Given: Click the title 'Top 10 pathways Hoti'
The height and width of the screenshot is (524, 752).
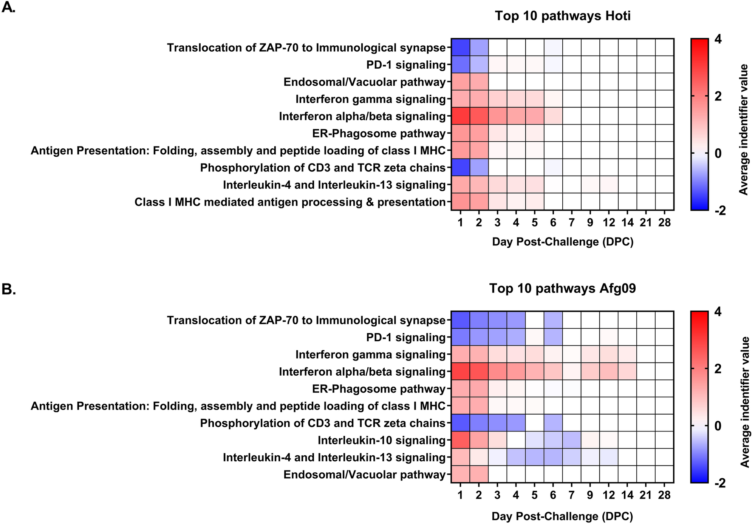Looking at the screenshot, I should coord(562,16).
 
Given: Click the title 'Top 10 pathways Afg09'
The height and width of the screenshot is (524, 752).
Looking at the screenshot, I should coord(562,288).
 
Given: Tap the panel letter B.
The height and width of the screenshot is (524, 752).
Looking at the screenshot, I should coord(8,290).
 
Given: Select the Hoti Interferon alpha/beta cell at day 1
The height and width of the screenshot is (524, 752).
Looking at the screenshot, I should coord(460,116).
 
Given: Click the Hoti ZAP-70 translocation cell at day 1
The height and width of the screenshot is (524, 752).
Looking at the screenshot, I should coord(460,47).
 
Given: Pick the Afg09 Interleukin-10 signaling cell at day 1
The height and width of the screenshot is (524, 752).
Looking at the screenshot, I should coord(460,440).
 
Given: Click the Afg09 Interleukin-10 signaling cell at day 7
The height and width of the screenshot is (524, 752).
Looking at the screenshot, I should coord(572,440).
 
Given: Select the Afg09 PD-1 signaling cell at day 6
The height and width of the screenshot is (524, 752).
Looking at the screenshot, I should coord(553,337).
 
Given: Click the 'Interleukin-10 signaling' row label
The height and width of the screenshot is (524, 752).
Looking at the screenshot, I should coord(381,440).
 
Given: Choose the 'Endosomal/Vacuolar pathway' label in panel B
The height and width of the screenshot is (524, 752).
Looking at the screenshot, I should coord(364,475).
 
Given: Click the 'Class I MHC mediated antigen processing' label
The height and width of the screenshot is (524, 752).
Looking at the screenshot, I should coord(290,202).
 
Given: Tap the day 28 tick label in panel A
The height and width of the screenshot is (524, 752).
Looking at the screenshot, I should coord(664,223).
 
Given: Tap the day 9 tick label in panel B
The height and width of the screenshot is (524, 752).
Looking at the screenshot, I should coord(590,495).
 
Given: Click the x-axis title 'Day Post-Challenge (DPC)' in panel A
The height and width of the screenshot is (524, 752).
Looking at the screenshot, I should coord(562,242).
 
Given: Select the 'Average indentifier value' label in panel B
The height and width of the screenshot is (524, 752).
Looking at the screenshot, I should coord(743,402).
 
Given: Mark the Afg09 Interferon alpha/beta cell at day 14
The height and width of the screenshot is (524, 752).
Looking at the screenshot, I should coord(627,371).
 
